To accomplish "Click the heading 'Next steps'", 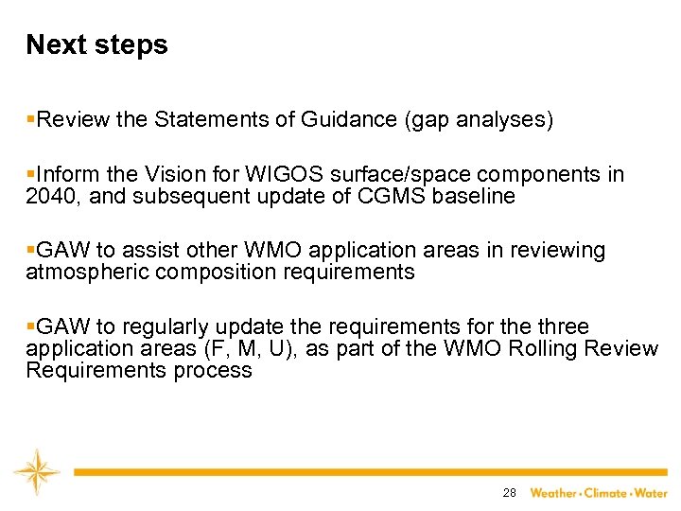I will click(x=96, y=44).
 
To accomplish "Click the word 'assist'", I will click(x=149, y=251).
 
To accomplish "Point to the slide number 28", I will click(x=509, y=493).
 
